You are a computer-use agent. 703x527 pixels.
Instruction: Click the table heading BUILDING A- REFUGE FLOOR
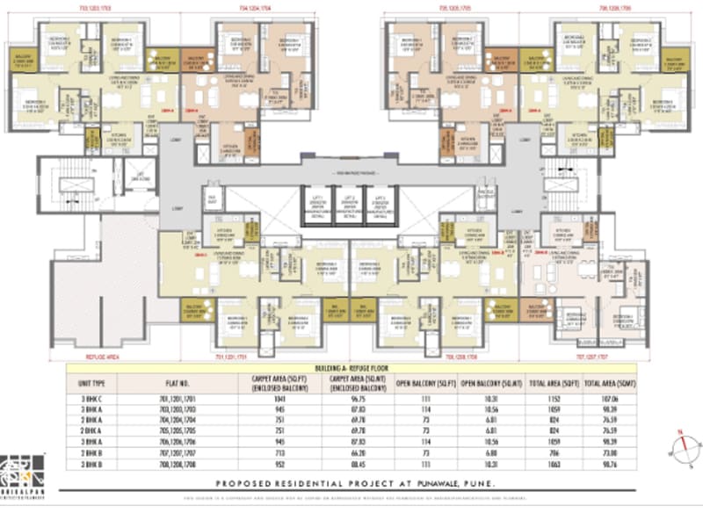coord(351,370)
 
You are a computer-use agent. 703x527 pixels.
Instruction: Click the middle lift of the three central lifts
coord(350,206)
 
